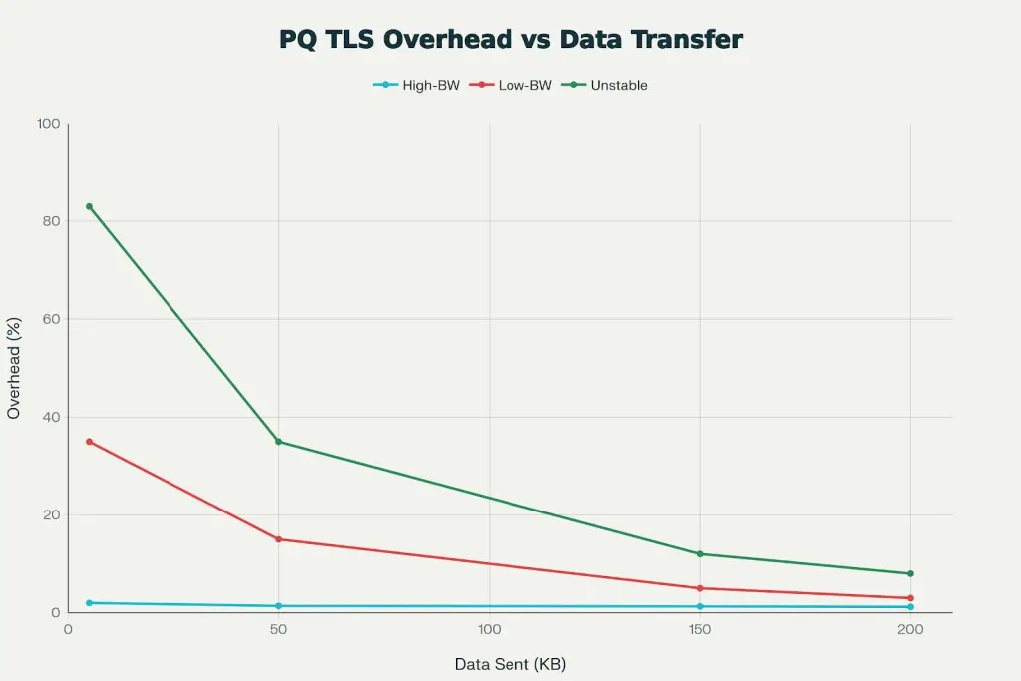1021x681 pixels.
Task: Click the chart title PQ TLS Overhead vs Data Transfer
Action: click(x=510, y=40)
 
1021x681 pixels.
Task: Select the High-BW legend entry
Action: click(x=416, y=86)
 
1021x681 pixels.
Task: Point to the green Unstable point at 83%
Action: click(x=89, y=206)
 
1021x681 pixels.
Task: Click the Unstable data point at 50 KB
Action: click(x=279, y=442)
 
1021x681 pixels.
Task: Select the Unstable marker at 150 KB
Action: click(x=700, y=554)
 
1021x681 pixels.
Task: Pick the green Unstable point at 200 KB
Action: click(x=910, y=573)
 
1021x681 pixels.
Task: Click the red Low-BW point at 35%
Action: click(x=89, y=442)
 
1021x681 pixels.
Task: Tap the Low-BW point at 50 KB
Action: click(x=279, y=539)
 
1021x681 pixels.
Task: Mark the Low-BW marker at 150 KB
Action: click(x=700, y=588)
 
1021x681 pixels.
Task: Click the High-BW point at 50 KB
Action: click(x=279, y=606)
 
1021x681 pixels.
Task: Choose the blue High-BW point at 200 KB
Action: click(x=910, y=607)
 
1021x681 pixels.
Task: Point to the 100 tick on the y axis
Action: click(x=49, y=124)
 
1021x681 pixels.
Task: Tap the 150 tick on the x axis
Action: click(x=700, y=630)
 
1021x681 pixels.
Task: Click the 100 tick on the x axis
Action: click(x=489, y=630)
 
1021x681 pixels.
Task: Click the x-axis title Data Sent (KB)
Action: click(x=510, y=664)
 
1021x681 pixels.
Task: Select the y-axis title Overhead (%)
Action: click(x=14, y=369)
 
